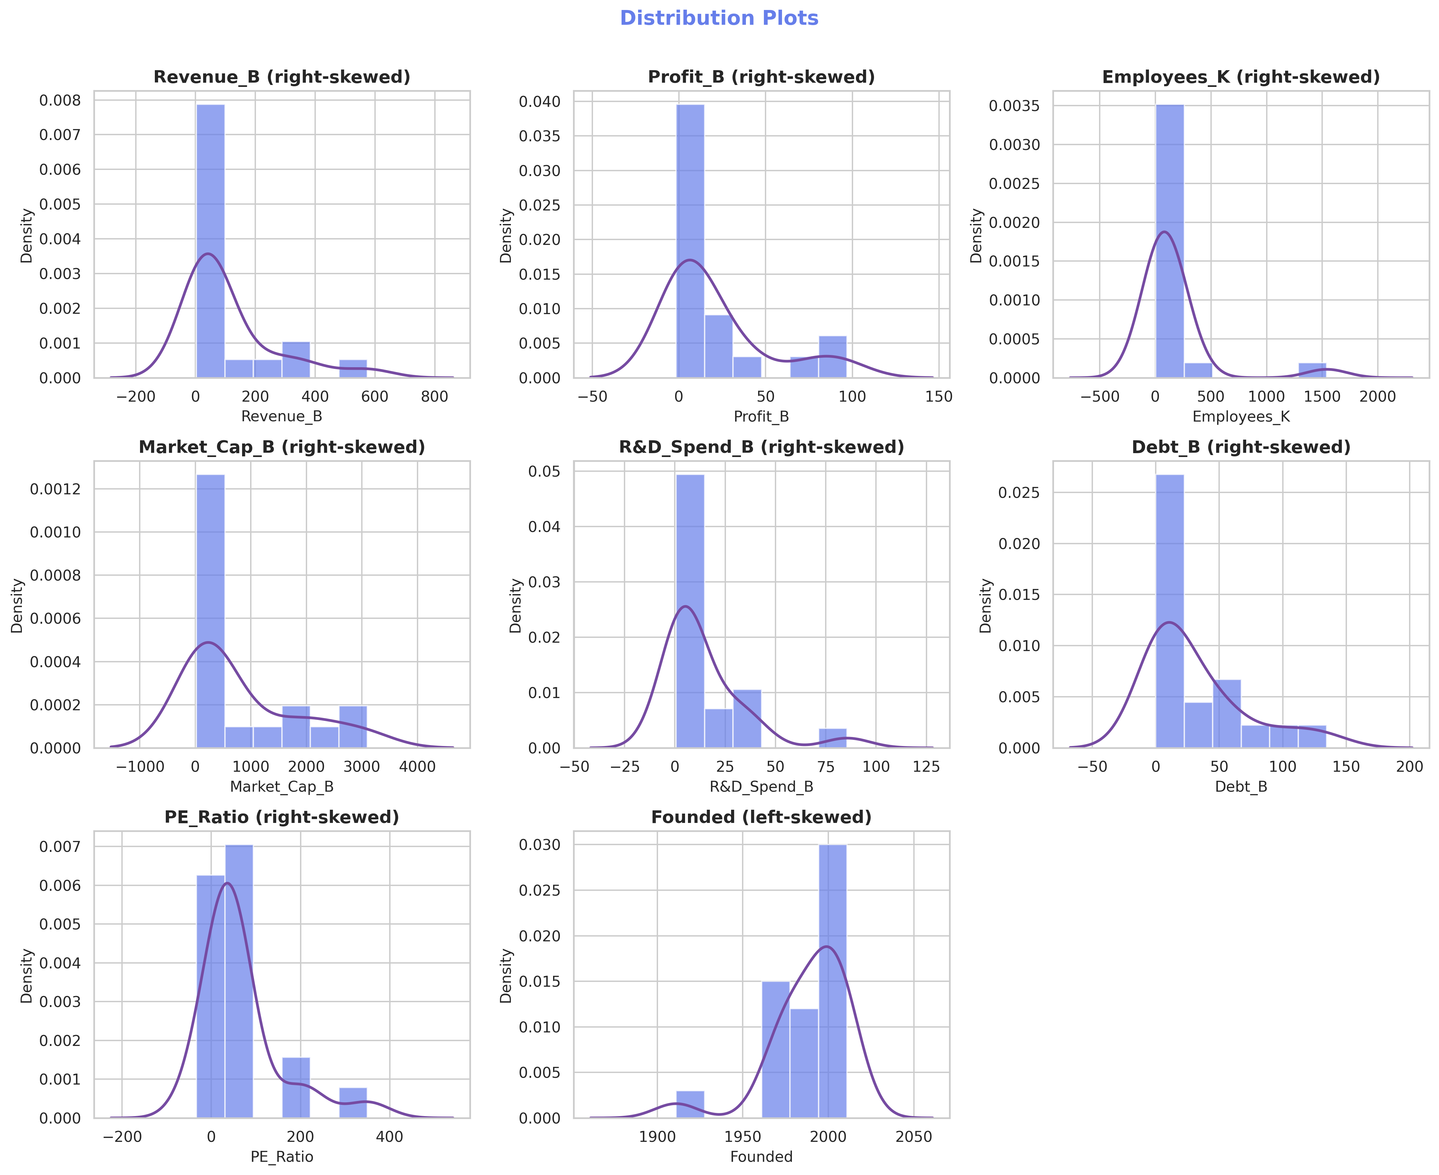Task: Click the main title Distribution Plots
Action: click(719, 18)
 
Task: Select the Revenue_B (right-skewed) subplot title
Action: click(282, 77)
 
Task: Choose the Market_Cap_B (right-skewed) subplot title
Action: click(282, 447)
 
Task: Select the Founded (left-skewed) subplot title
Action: click(761, 818)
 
